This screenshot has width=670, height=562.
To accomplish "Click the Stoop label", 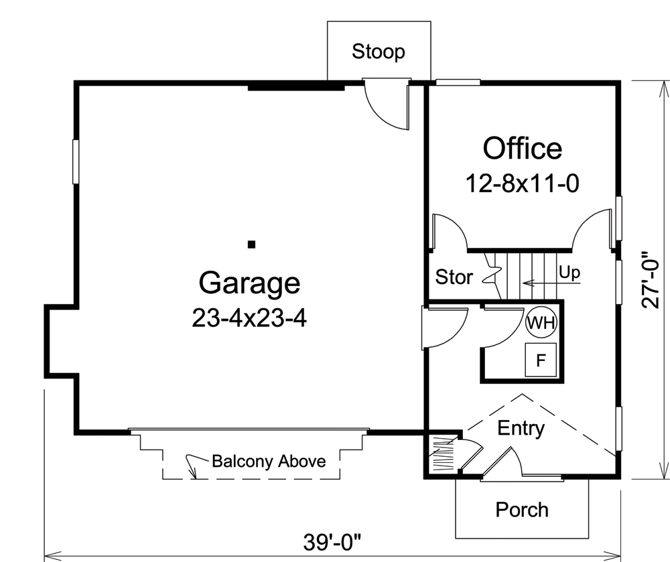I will pyautogui.click(x=379, y=52).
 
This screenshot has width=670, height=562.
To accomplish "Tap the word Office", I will pyautogui.click(x=523, y=148).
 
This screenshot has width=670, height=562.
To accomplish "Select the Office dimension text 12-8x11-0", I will pyautogui.click(x=522, y=183).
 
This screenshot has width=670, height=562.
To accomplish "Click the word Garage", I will pyautogui.click(x=249, y=283).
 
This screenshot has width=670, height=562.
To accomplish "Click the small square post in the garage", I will pyautogui.click(x=251, y=244).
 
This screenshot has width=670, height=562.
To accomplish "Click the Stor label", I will pyautogui.click(x=454, y=277).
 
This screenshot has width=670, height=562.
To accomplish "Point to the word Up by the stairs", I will pyautogui.click(x=569, y=273).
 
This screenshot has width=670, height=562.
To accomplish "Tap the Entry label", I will pyautogui.click(x=521, y=428).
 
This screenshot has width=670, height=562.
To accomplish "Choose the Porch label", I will pyautogui.click(x=522, y=510).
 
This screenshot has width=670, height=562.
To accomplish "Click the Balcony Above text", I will pyautogui.click(x=269, y=461).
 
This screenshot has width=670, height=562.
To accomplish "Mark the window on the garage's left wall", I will pyautogui.click(x=76, y=161).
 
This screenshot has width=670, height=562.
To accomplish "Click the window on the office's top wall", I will pyautogui.click(x=458, y=82).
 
